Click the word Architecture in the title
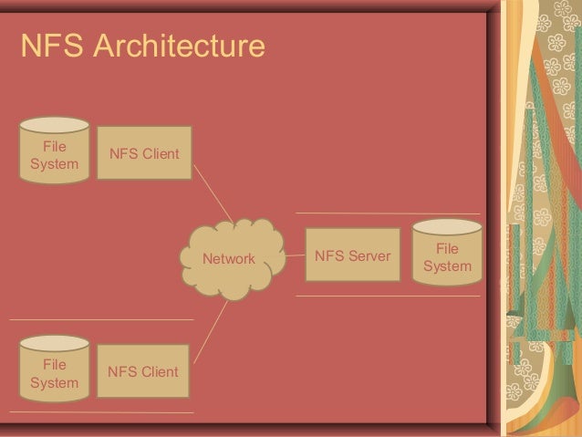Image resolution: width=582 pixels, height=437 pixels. point(180,46)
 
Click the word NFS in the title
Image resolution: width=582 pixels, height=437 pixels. point(52,46)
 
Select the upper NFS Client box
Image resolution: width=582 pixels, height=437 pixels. point(144,153)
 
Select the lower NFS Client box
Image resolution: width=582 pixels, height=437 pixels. point(143,371)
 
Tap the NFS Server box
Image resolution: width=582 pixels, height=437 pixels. point(353,255)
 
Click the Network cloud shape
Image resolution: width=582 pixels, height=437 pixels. point(233,259)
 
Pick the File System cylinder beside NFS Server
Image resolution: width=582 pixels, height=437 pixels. point(447,252)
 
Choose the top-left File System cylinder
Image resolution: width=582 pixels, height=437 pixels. point(55,151)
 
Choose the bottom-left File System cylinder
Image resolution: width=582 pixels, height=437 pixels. point(55,369)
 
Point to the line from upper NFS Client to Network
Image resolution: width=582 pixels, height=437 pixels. point(213,194)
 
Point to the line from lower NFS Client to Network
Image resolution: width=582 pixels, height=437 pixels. point(211,332)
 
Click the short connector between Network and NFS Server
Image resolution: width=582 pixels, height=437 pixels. point(296,255)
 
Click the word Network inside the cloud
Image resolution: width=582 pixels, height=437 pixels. point(229,259)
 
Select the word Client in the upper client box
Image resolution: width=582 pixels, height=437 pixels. point(161,153)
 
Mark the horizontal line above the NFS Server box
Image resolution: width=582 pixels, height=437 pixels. point(388,213)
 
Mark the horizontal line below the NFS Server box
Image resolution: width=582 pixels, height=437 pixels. point(388,297)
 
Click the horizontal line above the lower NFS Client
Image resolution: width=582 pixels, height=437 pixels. point(101,319)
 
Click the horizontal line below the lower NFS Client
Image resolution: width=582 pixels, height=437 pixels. point(101,412)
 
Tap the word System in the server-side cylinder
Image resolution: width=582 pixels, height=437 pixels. point(447,266)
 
